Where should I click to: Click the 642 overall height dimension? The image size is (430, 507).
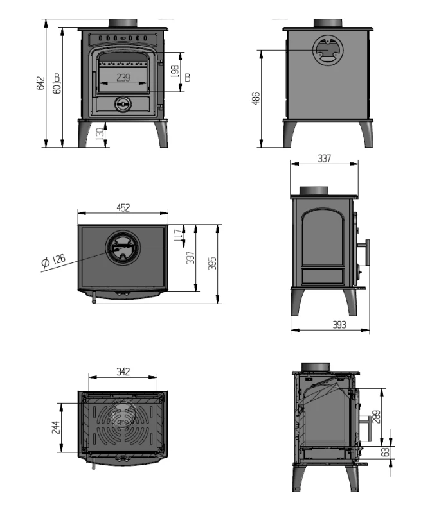pos(40,84)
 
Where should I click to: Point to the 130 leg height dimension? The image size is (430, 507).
pos(98,134)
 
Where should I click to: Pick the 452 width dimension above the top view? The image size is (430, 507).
pos(123,207)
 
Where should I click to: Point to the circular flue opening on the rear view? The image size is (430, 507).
pos(328,49)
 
